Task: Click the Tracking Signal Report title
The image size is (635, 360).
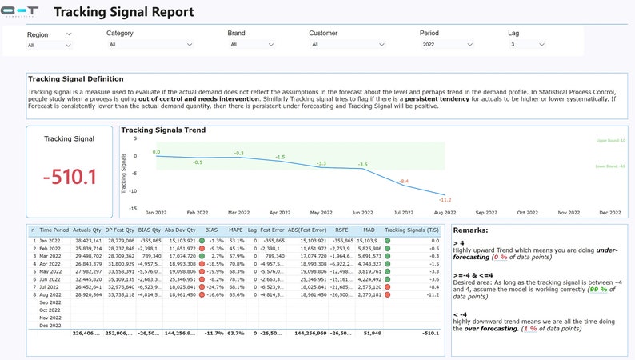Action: pos(123,12)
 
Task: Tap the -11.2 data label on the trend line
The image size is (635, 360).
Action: pos(445,199)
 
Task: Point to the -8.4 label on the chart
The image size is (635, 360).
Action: pos(404,182)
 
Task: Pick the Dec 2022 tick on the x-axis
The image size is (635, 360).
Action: pos(609,213)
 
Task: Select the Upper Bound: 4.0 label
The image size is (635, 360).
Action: pos(611,140)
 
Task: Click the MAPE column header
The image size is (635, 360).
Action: pos(237,230)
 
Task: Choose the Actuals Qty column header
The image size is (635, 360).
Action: pos(87,230)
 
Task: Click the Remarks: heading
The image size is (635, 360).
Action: pos(473,230)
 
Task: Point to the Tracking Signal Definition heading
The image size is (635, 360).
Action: pos(75,78)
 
